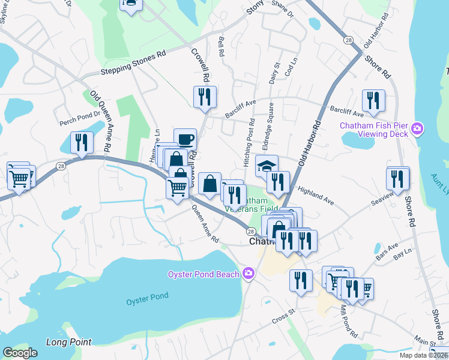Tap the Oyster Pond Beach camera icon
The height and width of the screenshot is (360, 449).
pyautogui.click(x=249, y=274)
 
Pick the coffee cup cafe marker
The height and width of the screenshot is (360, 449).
pyautogui.click(x=185, y=139)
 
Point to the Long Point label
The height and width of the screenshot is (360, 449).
pyautogui.click(x=69, y=342)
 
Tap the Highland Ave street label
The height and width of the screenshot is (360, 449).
pyautogui.click(x=315, y=193)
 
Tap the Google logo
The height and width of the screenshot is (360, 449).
pyautogui.click(x=20, y=353)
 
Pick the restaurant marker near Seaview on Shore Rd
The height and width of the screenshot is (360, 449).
pyautogui.click(x=398, y=178)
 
